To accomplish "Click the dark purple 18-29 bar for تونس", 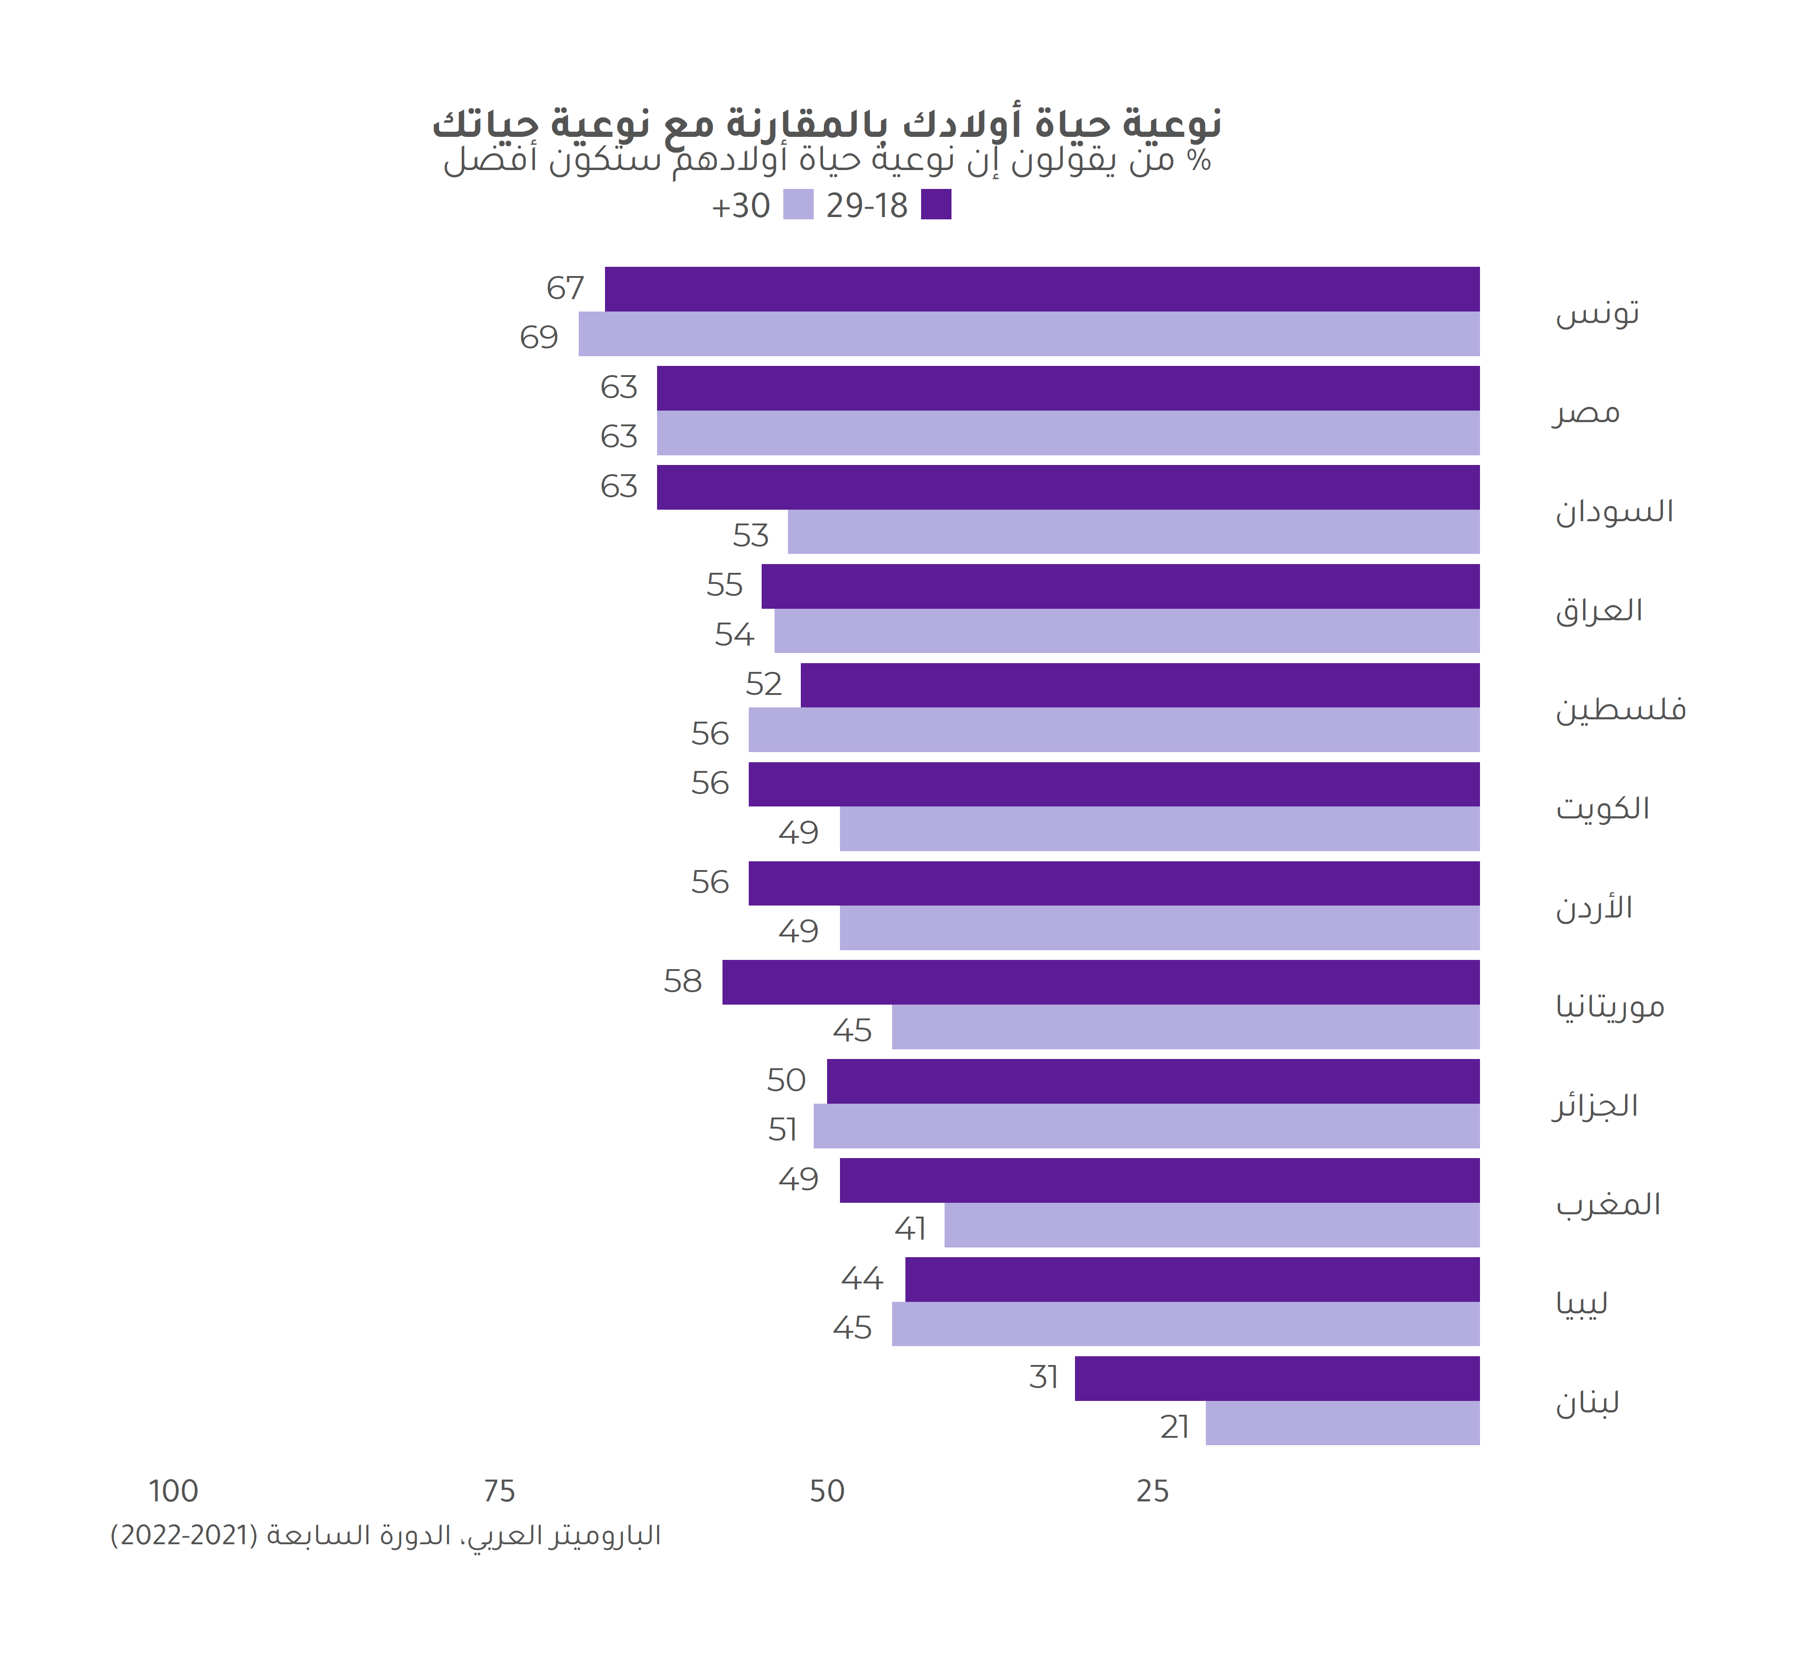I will (1041, 289).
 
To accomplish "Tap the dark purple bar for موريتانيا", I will (1100, 982).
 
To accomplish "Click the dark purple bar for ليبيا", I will (1192, 1279).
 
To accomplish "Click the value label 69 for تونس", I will (539, 337).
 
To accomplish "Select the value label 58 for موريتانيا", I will (682, 982).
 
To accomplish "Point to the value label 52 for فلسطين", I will (764, 685).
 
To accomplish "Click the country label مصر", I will (1586, 413).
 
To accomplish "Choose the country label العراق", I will (1598, 611).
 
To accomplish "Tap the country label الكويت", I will (1602, 808).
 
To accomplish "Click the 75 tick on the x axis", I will (499, 1491).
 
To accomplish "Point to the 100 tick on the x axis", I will (173, 1491).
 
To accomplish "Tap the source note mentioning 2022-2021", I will (386, 1535).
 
